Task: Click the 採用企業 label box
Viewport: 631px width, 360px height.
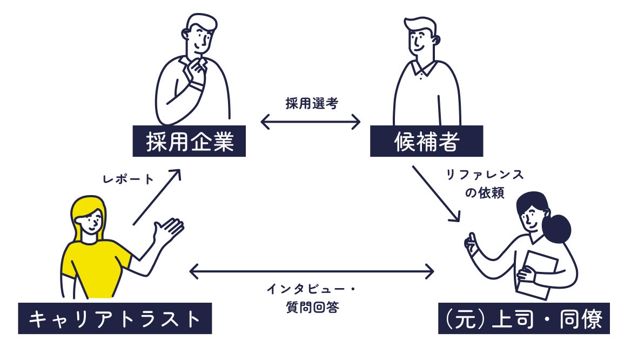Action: click(189, 142)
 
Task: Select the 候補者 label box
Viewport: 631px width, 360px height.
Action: click(426, 142)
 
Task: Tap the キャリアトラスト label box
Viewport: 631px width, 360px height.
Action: click(115, 318)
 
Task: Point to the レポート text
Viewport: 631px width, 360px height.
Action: click(128, 179)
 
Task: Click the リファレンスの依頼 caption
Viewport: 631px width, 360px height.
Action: click(484, 184)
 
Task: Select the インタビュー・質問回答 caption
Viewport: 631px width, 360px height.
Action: click(311, 298)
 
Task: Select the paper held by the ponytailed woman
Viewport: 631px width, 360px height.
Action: click(539, 273)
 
